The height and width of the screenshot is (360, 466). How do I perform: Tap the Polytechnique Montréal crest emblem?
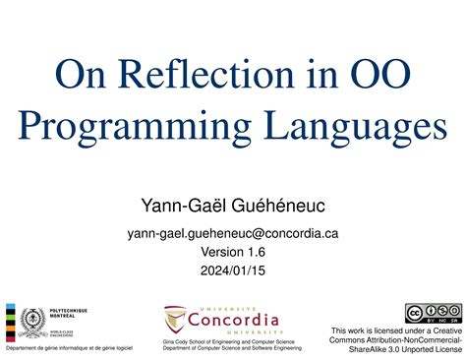click(32, 323)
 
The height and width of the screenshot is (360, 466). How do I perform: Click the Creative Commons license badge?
click(434, 314)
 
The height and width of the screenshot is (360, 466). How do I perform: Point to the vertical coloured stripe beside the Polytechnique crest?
click(10, 323)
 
